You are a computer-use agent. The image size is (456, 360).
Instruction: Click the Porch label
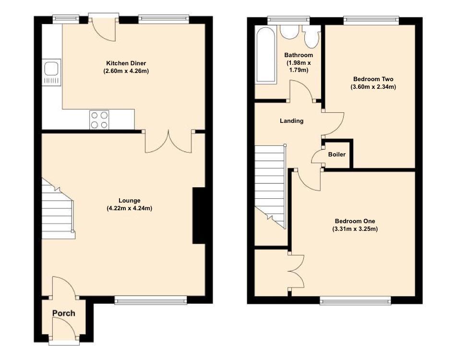coord(64,313)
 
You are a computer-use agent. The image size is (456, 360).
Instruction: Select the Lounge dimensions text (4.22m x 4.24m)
coord(130,208)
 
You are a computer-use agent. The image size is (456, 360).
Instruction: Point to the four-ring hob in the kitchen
coord(99,120)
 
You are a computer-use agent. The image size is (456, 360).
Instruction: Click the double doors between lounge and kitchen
coord(168,141)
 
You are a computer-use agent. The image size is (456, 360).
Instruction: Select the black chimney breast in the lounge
coord(199,216)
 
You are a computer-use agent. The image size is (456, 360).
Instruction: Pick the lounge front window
coord(151,300)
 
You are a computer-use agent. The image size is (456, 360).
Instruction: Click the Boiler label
coord(337,155)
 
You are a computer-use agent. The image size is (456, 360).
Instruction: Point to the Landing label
coord(292,121)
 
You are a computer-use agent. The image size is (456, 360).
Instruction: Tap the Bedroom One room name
coord(355,221)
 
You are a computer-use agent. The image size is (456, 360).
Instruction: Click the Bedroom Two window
coord(371,20)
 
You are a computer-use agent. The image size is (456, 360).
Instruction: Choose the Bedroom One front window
coord(355,300)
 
